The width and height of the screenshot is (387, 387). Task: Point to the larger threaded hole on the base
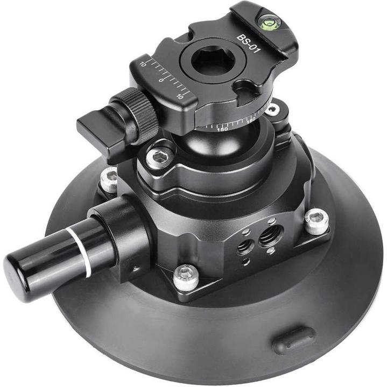270,236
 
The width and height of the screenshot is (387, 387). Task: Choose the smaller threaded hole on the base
245,247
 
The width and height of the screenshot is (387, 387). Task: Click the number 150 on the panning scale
221,129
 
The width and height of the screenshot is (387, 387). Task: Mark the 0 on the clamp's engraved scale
161,80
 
